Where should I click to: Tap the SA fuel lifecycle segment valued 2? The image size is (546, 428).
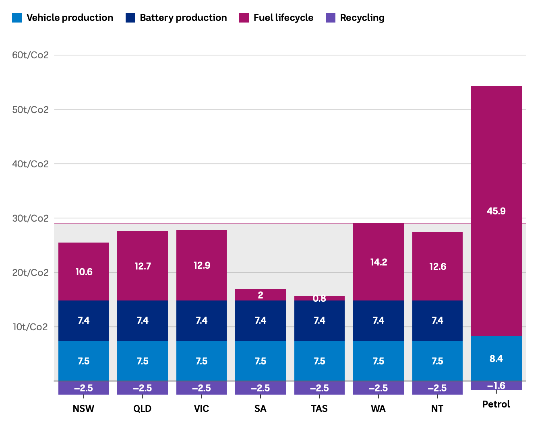[x=261, y=295]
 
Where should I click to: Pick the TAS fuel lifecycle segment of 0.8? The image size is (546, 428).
[x=319, y=298]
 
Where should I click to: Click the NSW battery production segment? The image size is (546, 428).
[x=84, y=321]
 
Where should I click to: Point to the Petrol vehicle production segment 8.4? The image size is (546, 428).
[x=496, y=358]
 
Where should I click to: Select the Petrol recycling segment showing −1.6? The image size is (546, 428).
[x=496, y=386]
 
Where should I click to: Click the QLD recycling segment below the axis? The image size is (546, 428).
[x=143, y=388]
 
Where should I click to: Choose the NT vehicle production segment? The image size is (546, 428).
[x=437, y=361]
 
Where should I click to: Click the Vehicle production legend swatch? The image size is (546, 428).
[x=17, y=18]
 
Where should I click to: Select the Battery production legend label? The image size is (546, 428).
[x=183, y=18]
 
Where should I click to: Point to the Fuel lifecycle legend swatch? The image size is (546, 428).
[x=244, y=18]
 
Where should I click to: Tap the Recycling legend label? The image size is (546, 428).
[x=362, y=18]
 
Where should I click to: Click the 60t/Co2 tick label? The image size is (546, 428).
[x=30, y=55]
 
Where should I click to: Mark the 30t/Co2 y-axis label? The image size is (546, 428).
[x=30, y=218]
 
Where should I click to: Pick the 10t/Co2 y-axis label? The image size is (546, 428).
[x=30, y=327]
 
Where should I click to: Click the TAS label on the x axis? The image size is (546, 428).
[x=319, y=409]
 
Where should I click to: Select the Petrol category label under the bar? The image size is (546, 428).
[x=496, y=404]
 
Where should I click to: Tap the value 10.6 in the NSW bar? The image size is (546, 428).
[x=84, y=272]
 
